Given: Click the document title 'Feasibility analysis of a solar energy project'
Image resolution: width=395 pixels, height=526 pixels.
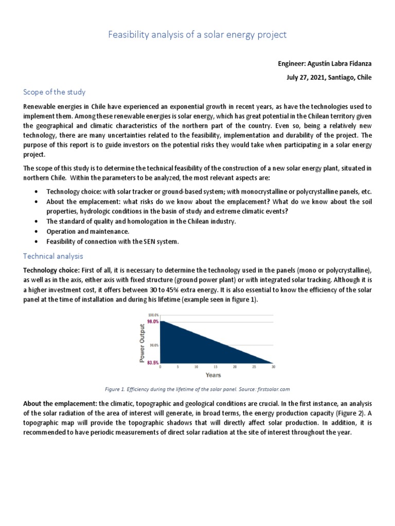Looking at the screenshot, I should click(x=197, y=35).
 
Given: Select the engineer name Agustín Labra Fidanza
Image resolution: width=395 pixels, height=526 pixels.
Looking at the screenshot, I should click(x=324, y=64).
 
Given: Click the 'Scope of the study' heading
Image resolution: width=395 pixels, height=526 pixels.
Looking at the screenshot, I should click(x=54, y=92).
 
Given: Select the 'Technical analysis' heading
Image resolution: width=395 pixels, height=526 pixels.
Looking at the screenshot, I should click(x=53, y=256).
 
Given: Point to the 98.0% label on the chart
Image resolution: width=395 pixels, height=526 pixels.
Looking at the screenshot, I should click(x=153, y=321).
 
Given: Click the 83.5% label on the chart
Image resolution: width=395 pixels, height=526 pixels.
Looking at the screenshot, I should click(x=153, y=362).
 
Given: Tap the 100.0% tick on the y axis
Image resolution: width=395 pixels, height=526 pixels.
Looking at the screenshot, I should click(x=153, y=314).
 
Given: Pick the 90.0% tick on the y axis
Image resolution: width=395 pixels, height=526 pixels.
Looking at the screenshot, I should click(x=154, y=345).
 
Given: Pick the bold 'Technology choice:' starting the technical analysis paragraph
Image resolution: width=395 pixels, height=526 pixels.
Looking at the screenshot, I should click(x=50, y=270).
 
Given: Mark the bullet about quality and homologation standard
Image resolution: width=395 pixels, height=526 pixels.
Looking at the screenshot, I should click(x=128, y=221).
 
